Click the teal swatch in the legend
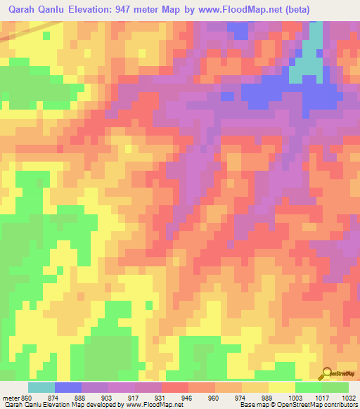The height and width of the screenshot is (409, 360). coord(41,387)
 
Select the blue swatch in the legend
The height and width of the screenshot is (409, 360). coord(68,387)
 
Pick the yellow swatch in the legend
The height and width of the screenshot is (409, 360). coord(282,387)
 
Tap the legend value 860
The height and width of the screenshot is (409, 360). coord(26,398)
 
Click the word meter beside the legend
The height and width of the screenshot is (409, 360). coord(10,398)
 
